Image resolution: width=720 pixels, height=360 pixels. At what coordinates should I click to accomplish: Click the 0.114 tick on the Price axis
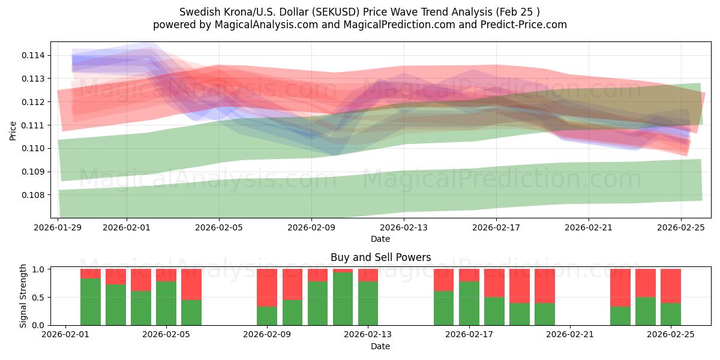tap(35, 55)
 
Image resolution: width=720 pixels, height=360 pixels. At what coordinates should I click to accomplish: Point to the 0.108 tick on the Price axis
tap(35, 195)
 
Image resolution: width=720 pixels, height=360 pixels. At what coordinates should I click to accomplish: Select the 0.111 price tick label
tap(35, 125)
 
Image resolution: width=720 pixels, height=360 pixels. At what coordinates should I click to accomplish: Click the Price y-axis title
tap(13, 130)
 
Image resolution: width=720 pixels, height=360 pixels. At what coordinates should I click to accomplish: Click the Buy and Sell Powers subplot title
tap(380, 257)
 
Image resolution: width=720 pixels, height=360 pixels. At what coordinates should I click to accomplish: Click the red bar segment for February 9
tap(267, 287)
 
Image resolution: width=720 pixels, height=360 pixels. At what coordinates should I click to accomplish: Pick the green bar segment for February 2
tap(91, 302)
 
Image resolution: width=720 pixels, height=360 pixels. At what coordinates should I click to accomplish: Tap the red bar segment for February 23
tap(620, 287)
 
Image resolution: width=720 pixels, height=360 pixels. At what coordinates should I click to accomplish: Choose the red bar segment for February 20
tap(544, 286)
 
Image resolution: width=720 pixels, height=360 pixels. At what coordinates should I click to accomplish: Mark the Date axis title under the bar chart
tap(380, 346)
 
